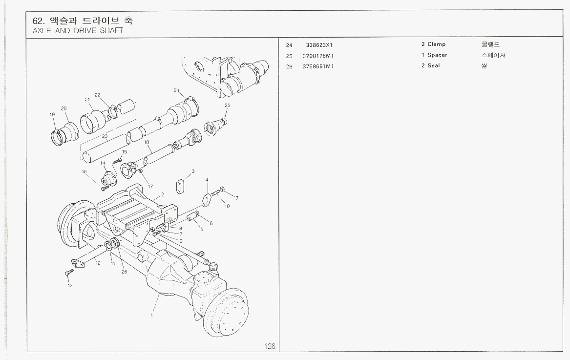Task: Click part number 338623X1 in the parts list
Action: pyautogui.click(x=319, y=44)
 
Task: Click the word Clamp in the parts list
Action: pyautogui.click(x=436, y=44)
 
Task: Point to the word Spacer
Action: pyautogui.click(x=437, y=55)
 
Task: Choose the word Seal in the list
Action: pyautogui.click(x=434, y=66)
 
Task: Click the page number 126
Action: pyautogui.click(x=270, y=346)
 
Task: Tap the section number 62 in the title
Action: pyautogui.click(x=37, y=21)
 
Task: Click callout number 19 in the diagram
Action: pyautogui.click(x=52, y=114)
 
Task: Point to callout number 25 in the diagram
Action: pyautogui.click(x=227, y=106)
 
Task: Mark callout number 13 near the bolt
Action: pyautogui.click(x=70, y=286)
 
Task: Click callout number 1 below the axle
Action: pyautogui.click(x=152, y=315)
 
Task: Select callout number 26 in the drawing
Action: pyautogui.click(x=124, y=272)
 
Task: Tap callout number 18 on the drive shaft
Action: pyautogui.click(x=146, y=142)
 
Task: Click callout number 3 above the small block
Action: pyautogui.click(x=193, y=171)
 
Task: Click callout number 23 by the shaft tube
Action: pyautogui.click(x=105, y=136)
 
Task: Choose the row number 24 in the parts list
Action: pyautogui.click(x=289, y=45)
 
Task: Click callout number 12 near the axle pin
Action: pyautogui.click(x=98, y=263)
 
